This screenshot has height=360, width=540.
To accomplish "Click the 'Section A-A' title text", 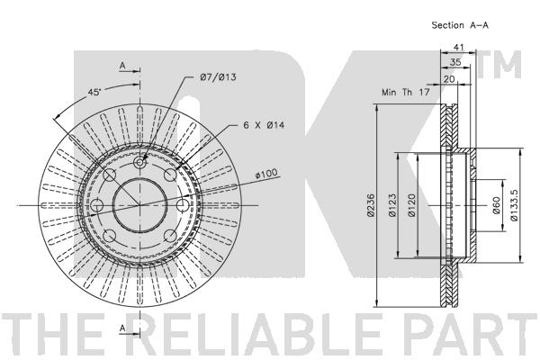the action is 460,25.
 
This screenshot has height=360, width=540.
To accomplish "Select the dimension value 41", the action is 458,47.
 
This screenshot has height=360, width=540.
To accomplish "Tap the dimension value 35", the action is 455,62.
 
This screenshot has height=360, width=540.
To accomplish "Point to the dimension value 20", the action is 449,79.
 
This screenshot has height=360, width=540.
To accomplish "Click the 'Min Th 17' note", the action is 406,92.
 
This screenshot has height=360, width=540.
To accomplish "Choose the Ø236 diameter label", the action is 371,205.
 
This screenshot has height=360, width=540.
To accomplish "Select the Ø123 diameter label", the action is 392,205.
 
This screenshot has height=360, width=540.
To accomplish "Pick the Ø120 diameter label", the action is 411,205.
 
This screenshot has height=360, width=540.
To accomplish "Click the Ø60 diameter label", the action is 496,205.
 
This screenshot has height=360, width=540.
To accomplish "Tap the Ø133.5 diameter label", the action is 514,205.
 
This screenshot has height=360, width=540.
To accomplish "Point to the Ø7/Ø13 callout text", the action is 218,76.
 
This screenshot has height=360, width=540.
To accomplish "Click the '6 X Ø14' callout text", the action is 264,125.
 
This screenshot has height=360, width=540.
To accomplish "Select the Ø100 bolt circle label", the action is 266,174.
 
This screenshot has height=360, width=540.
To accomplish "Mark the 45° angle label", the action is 94,93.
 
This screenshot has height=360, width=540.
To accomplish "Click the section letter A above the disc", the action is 122,65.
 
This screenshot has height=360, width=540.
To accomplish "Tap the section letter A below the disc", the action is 122,329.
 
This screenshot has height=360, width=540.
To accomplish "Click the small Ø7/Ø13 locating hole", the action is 139,162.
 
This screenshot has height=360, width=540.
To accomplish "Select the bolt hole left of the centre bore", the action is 97,205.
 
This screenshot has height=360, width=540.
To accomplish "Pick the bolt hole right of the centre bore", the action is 183,205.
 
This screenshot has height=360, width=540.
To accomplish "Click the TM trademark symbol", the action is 499,65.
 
